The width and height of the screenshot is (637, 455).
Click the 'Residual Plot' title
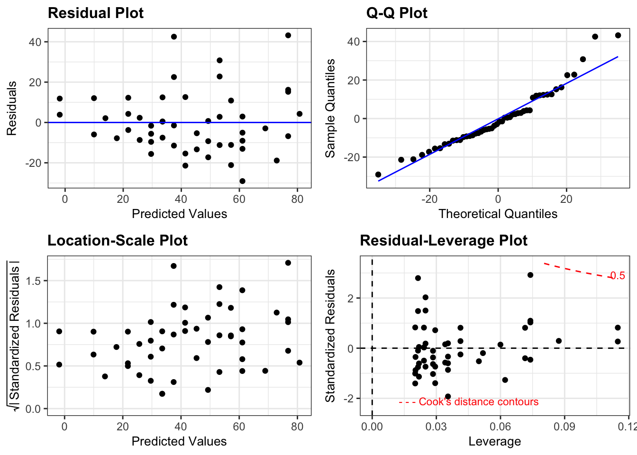click(96, 13)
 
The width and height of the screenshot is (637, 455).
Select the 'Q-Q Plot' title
click(397, 13)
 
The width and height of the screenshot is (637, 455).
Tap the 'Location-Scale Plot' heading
click(118, 240)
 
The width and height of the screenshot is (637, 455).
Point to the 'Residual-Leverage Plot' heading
click(444, 240)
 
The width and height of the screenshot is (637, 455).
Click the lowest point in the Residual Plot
click(242, 181)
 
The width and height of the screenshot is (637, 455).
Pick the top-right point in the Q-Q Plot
click(618, 35)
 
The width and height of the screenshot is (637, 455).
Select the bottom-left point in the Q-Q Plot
click(378, 174)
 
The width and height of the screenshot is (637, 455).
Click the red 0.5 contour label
click(617, 276)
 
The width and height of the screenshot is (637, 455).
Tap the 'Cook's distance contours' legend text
click(479, 402)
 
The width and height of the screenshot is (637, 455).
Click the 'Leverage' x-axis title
click(495, 441)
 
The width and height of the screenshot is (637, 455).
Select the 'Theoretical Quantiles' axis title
click(498, 214)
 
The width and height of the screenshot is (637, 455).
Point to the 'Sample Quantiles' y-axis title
click(330, 109)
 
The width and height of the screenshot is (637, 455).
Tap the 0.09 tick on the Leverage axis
click(564, 426)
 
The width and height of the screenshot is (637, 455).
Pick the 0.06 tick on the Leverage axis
click(500, 426)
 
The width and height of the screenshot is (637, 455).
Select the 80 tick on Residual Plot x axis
click(297, 199)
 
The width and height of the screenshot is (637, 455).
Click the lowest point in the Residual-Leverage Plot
click(448, 396)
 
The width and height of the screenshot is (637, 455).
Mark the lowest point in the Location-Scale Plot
click(162, 394)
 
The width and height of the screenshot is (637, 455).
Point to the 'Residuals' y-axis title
click(12, 109)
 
